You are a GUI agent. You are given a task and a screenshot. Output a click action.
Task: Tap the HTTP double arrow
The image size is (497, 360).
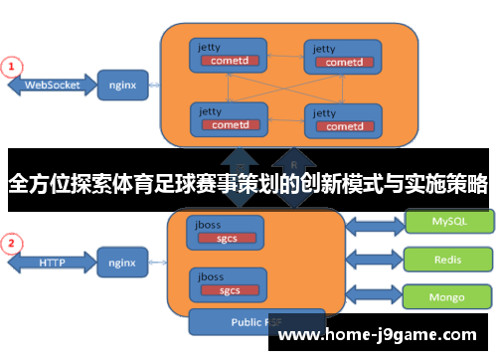(51, 264)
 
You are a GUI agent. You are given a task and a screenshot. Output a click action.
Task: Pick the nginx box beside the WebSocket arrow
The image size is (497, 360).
(123, 86)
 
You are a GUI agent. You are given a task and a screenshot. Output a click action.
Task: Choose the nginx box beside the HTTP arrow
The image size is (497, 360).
(123, 264)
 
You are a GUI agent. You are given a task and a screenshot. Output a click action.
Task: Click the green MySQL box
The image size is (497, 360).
(448, 221)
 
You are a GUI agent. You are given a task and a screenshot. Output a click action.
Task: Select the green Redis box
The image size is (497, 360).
(448, 259)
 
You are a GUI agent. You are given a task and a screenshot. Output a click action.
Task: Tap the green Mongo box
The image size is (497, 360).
(448, 295)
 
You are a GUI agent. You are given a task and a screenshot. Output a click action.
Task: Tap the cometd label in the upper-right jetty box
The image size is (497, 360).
(343, 62)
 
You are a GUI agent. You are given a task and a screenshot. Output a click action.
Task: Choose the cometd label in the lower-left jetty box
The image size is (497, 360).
(229, 125)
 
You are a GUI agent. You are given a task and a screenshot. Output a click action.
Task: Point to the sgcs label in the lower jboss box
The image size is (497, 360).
(230, 289)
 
